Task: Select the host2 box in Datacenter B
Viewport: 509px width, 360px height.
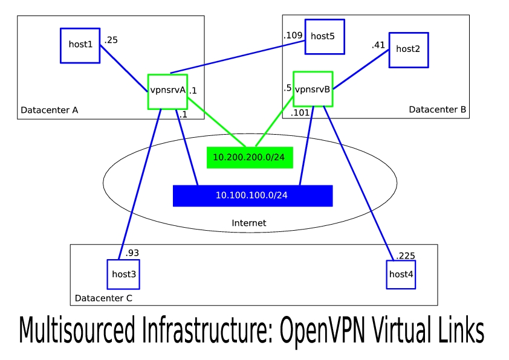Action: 408,50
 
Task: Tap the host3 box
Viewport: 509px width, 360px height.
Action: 123,275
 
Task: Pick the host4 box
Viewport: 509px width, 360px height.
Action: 401,275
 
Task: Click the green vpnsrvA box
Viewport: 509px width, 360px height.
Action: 167,91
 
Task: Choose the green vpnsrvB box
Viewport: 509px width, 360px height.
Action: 313,90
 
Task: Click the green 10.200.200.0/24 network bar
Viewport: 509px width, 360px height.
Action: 249,157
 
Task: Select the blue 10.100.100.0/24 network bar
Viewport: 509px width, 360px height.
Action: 252,196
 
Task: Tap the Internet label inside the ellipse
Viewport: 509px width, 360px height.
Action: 248,223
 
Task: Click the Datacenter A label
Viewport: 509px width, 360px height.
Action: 50,110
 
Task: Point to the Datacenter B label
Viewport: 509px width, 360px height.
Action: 437,109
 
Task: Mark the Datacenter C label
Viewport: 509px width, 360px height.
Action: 103,298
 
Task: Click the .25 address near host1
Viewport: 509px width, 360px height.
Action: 111,40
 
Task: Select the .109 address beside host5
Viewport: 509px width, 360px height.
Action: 293,36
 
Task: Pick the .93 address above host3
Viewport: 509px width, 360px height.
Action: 132,252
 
